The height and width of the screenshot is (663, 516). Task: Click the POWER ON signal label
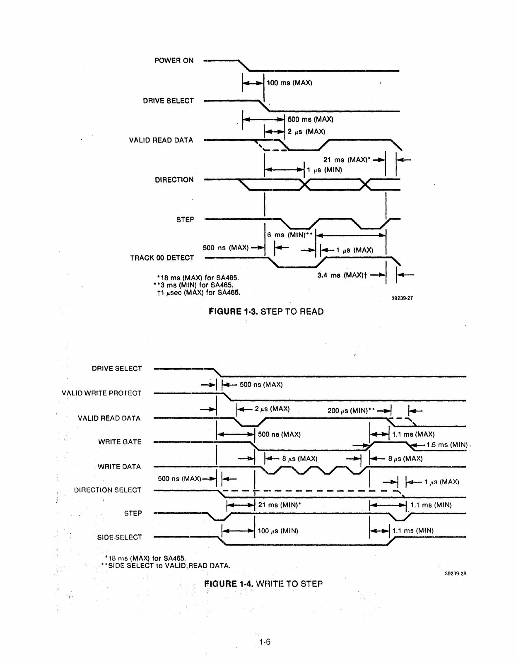coord(174,60)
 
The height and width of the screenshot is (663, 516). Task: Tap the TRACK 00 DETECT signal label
coord(162,258)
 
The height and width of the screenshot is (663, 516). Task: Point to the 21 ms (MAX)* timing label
coord(347,160)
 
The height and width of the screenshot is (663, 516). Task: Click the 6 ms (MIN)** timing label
coord(289,235)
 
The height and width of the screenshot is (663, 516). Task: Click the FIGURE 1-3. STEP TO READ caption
coord(266,311)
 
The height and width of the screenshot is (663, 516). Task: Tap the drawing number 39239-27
coord(402,298)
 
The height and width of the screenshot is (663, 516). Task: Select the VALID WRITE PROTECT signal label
coord(101,393)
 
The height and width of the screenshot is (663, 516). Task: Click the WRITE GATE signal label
coord(120,442)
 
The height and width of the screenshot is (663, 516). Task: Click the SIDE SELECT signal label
coord(120,537)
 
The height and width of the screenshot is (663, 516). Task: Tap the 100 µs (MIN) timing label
coord(278,531)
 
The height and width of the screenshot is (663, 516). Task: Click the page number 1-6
coord(265,642)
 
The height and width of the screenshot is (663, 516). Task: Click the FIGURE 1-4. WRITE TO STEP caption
coord(263,584)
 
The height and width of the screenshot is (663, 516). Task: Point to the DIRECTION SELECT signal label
coord(108,490)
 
